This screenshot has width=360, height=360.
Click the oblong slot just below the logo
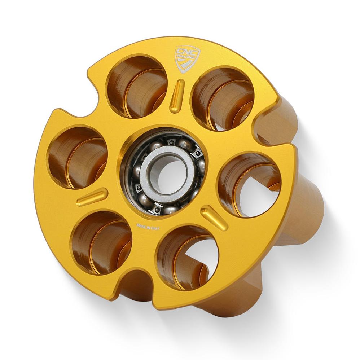coord(177,96)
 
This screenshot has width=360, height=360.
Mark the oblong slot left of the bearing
coord(92,197)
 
